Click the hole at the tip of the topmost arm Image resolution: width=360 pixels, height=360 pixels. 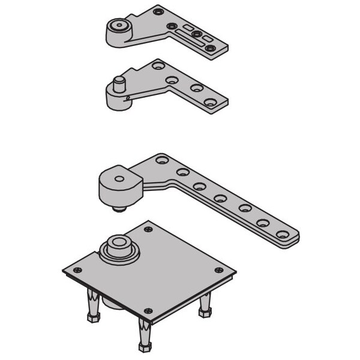point(210,47)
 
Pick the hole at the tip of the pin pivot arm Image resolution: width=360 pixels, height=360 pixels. point(209,103)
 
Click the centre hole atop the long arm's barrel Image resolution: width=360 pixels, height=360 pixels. point(119,178)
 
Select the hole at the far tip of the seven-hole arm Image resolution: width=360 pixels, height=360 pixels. point(281,235)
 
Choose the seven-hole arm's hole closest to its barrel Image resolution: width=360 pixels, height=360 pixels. point(161,160)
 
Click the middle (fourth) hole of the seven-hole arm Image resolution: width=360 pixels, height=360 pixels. point(220,198)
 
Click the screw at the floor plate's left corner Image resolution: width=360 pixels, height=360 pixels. point(76,270)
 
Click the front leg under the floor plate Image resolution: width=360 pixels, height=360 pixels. point(145,336)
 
